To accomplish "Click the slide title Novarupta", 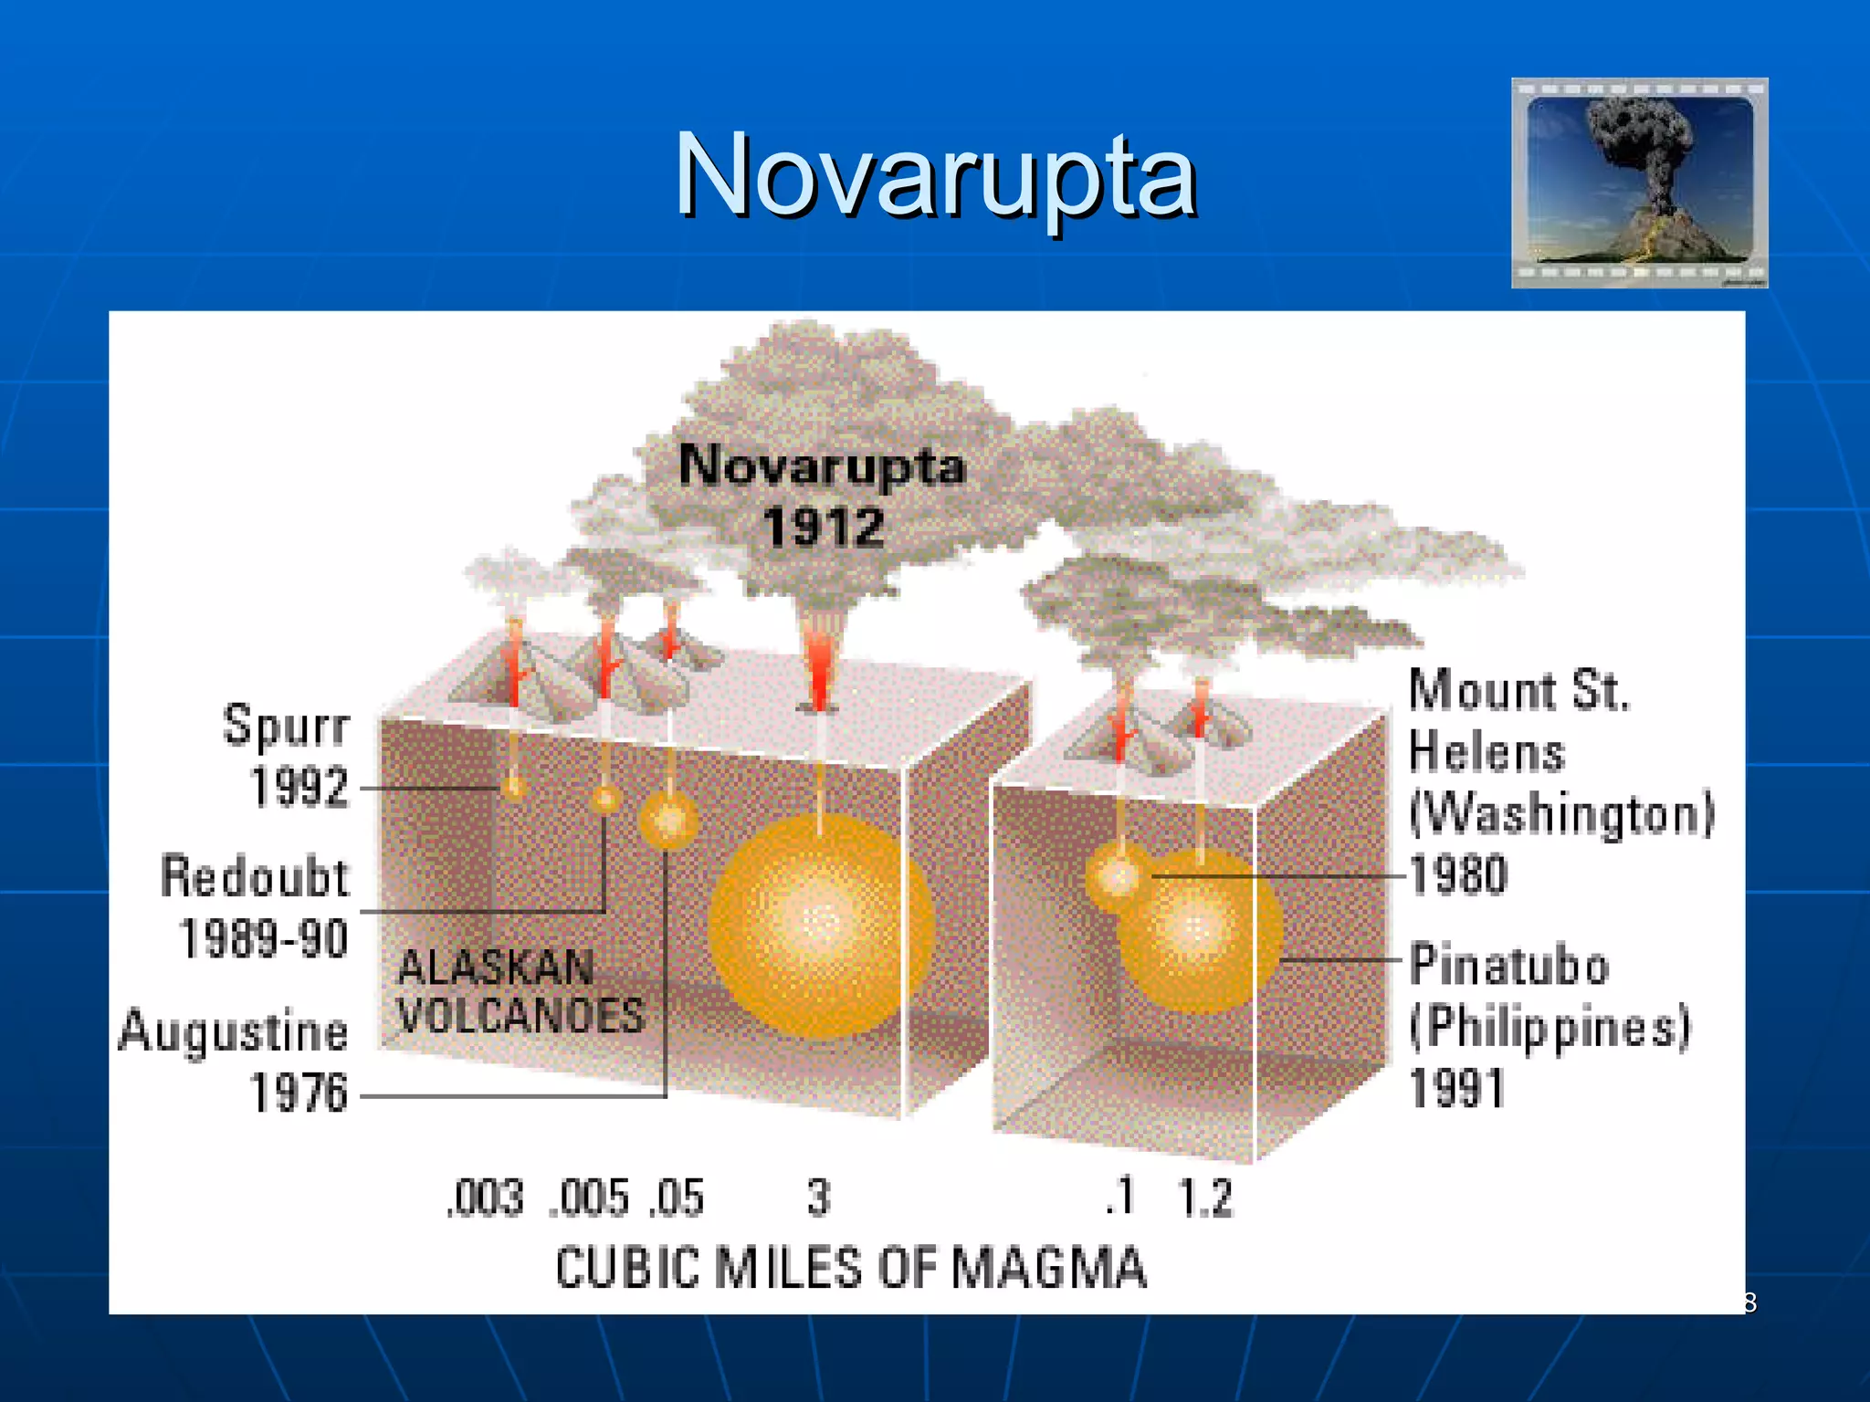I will pyautogui.click(x=935, y=175).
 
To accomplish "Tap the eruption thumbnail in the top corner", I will pyautogui.click(x=1639, y=183).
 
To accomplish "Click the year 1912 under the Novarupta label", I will pyautogui.click(x=824, y=528).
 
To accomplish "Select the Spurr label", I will pyautogui.click(x=286, y=727).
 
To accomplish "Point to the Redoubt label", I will pyautogui.click(x=255, y=877).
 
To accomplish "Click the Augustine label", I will pyautogui.click(x=234, y=1031).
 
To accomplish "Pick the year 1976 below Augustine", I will pyautogui.click(x=299, y=1093).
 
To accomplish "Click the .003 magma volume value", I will pyautogui.click(x=485, y=1198).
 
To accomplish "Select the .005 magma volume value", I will pyautogui.click(x=590, y=1198).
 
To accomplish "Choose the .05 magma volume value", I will pyautogui.click(x=677, y=1198).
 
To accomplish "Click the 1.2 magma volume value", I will pyautogui.click(x=1205, y=1198).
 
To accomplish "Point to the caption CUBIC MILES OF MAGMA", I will pyautogui.click(x=851, y=1268).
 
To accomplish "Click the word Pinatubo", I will pyautogui.click(x=1508, y=965).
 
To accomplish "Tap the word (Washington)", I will pyautogui.click(x=1561, y=812).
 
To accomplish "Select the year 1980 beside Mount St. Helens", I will pyautogui.click(x=1458, y=874).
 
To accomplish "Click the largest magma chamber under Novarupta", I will pyautogui.click(x=821, y=926).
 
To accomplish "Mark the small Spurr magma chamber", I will pyautogui.click(x=514, y=787).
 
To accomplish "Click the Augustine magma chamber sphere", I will pyautogui.click(x=669, y=819).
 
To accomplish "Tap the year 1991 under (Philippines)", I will pyautogui.click(x=1457, y=1088).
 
